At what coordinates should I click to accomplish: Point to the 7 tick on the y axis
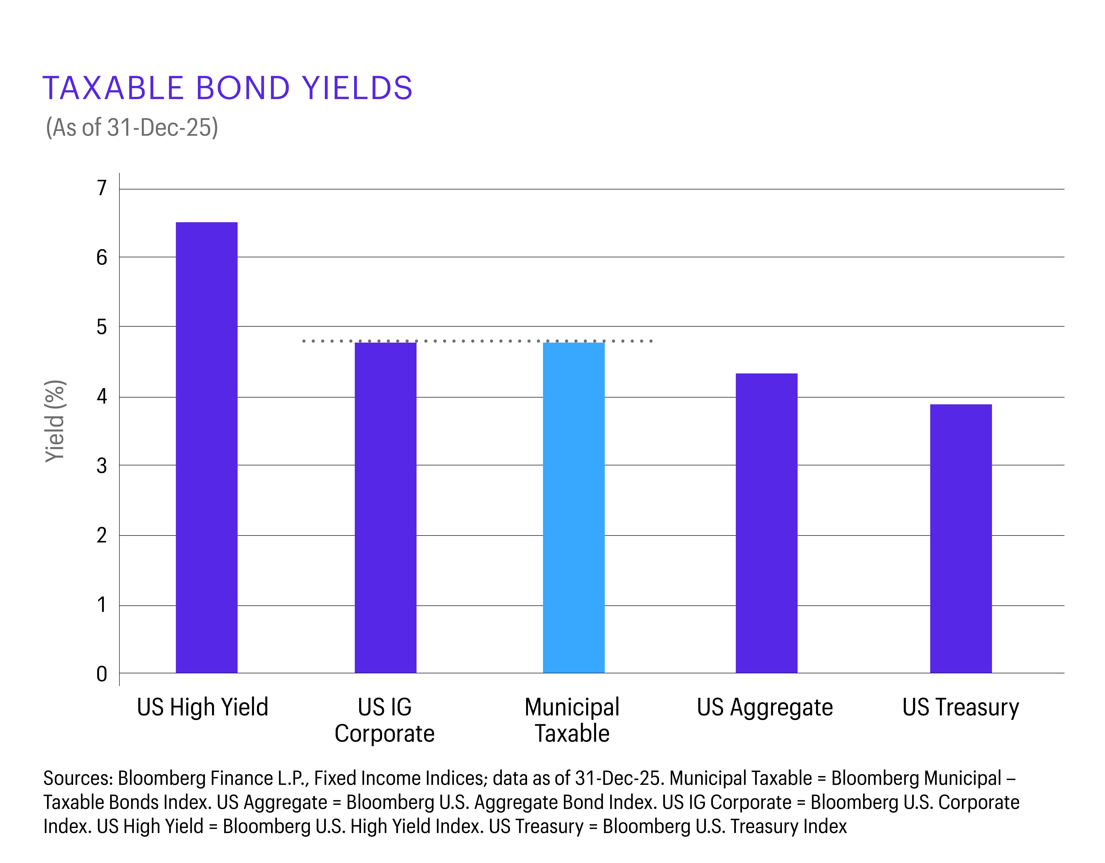pos(102,188)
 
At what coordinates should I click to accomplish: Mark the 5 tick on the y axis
pos(102,327)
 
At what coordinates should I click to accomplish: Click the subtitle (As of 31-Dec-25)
pos(132,128)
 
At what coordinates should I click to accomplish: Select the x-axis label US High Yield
pos(202,707)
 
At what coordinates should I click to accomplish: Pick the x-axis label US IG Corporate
pos(385,720)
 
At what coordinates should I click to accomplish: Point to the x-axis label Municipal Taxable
pos(572,720)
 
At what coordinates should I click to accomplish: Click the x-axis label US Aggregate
pos(765,707)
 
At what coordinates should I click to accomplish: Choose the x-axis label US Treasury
pos(960,707)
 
